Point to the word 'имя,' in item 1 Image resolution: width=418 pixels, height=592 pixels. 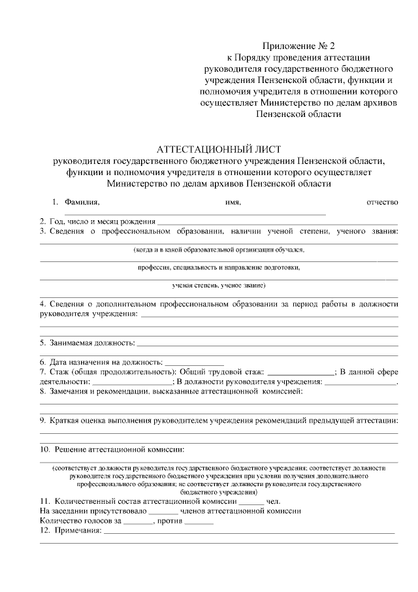coord(233,203)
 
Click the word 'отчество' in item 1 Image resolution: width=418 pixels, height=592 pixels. coord(382,203)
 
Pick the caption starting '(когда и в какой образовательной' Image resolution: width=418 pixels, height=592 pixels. coord(219,250)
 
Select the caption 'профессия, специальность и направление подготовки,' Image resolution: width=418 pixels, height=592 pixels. coord(219,268)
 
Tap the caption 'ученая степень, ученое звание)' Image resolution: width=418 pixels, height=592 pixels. coord(219,286)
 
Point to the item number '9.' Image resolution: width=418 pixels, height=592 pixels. coord(43,420)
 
